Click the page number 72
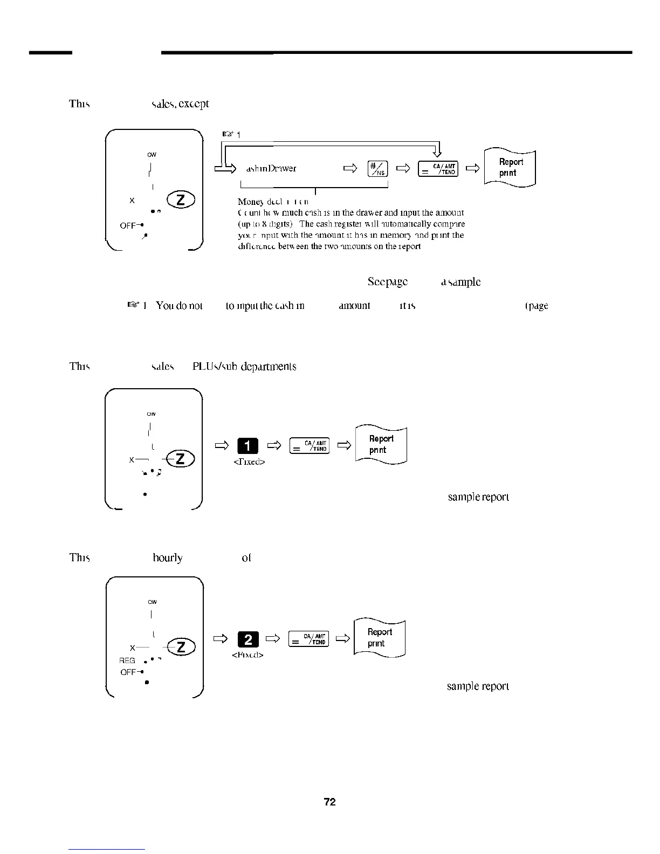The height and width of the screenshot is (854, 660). coord(329,802)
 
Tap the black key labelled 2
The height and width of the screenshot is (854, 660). coord(247,639)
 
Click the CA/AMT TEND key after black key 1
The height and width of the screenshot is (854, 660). coord(310,446)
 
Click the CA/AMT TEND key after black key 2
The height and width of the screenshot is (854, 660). coord(309,639)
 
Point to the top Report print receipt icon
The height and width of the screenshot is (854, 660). coord(510,168)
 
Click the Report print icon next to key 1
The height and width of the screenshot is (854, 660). coord(381,445)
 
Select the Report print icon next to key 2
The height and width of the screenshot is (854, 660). coord(379,638)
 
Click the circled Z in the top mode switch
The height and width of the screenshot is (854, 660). coord(181,200)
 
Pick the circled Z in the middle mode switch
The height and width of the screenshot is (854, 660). coord(181,459)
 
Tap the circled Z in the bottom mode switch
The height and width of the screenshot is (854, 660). coord(181,646)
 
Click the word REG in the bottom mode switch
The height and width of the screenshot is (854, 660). coord(127,660)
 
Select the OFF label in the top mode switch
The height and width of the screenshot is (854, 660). coord(128,225)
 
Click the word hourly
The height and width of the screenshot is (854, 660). coord(167,557)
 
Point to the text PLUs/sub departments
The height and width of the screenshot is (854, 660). coord(244,367)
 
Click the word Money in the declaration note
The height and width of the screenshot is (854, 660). coord(250,202)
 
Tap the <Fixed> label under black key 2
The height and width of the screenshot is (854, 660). coord(247,655)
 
